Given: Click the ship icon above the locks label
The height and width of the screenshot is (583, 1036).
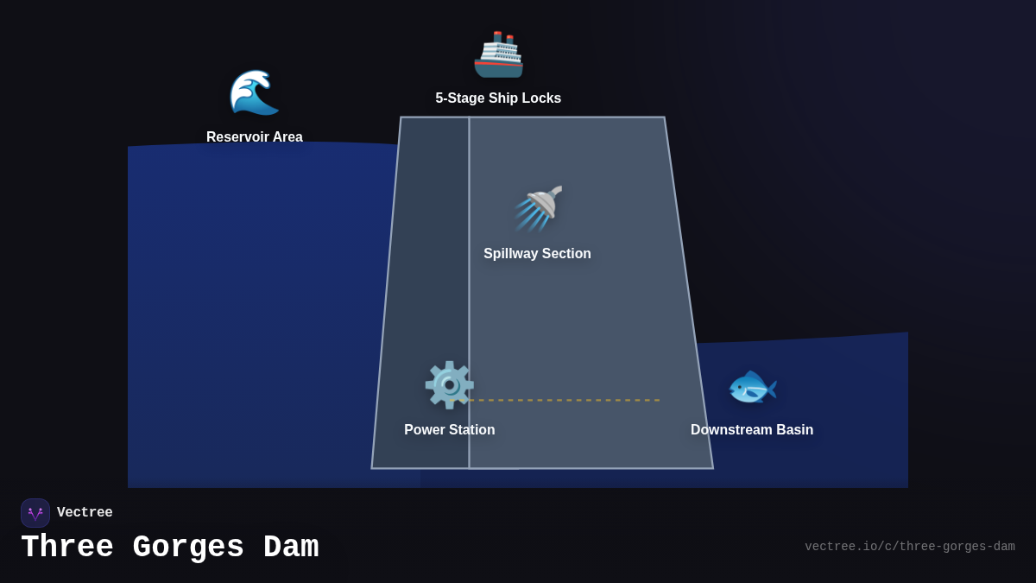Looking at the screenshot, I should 498,54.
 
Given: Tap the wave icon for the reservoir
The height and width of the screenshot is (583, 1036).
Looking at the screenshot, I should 254,92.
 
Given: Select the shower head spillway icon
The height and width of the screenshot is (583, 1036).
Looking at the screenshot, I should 539,208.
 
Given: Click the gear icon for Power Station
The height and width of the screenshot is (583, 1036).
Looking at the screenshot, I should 449,385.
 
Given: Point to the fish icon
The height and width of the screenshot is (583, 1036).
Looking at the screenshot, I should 752,387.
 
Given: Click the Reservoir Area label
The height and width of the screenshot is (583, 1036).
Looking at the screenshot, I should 255,136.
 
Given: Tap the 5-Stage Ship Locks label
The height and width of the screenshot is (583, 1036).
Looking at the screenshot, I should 498,98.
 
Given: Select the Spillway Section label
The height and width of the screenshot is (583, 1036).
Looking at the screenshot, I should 537,254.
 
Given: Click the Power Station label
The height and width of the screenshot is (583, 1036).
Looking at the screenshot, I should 450,430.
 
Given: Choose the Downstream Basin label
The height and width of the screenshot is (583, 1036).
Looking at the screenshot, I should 752,430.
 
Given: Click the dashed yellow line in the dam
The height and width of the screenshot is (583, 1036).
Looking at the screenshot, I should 565,400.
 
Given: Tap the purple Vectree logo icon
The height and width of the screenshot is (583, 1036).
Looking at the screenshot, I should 35,513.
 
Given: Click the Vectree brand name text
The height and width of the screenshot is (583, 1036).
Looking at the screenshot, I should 85,513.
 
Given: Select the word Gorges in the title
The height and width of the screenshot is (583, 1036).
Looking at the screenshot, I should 188,548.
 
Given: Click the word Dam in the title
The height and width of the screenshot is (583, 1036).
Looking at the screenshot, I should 291,548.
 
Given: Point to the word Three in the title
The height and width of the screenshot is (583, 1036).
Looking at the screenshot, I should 67,548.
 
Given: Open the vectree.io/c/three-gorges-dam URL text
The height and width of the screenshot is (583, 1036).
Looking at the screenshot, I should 909,547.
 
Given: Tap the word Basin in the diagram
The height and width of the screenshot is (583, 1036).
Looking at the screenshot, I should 793,430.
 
